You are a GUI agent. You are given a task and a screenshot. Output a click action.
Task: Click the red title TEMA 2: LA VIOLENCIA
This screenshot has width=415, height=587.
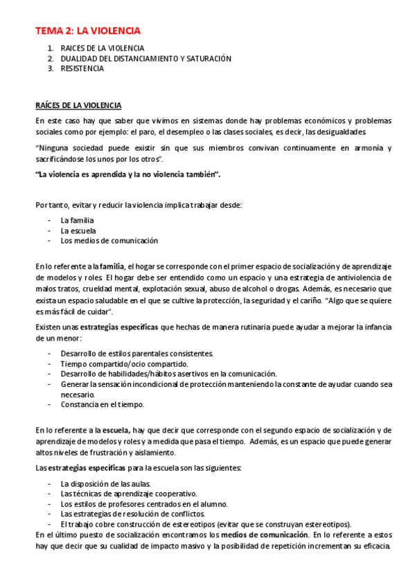(88, 30)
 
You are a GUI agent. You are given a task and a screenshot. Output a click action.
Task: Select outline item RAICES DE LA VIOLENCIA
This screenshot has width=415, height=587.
(102, 48)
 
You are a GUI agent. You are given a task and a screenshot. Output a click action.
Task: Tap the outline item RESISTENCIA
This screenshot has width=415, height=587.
(82, 69)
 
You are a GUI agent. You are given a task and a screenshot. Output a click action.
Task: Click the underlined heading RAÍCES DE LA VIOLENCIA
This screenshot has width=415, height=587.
(78, 105)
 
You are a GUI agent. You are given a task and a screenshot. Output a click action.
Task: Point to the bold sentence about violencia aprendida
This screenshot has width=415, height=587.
(127, 174)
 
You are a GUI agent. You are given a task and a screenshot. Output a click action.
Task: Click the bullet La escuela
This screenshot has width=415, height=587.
(78, 231)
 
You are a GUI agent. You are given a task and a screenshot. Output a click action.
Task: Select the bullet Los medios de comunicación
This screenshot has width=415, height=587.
(109, 241)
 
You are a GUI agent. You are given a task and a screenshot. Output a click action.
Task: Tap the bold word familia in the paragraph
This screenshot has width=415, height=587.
(112, 266)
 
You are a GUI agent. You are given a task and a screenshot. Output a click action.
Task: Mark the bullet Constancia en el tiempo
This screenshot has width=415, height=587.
(102, 405)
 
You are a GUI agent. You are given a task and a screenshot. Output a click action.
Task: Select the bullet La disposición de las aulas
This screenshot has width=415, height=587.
(105, 483)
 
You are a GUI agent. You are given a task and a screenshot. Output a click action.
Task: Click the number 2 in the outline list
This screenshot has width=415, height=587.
(51, 59)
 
